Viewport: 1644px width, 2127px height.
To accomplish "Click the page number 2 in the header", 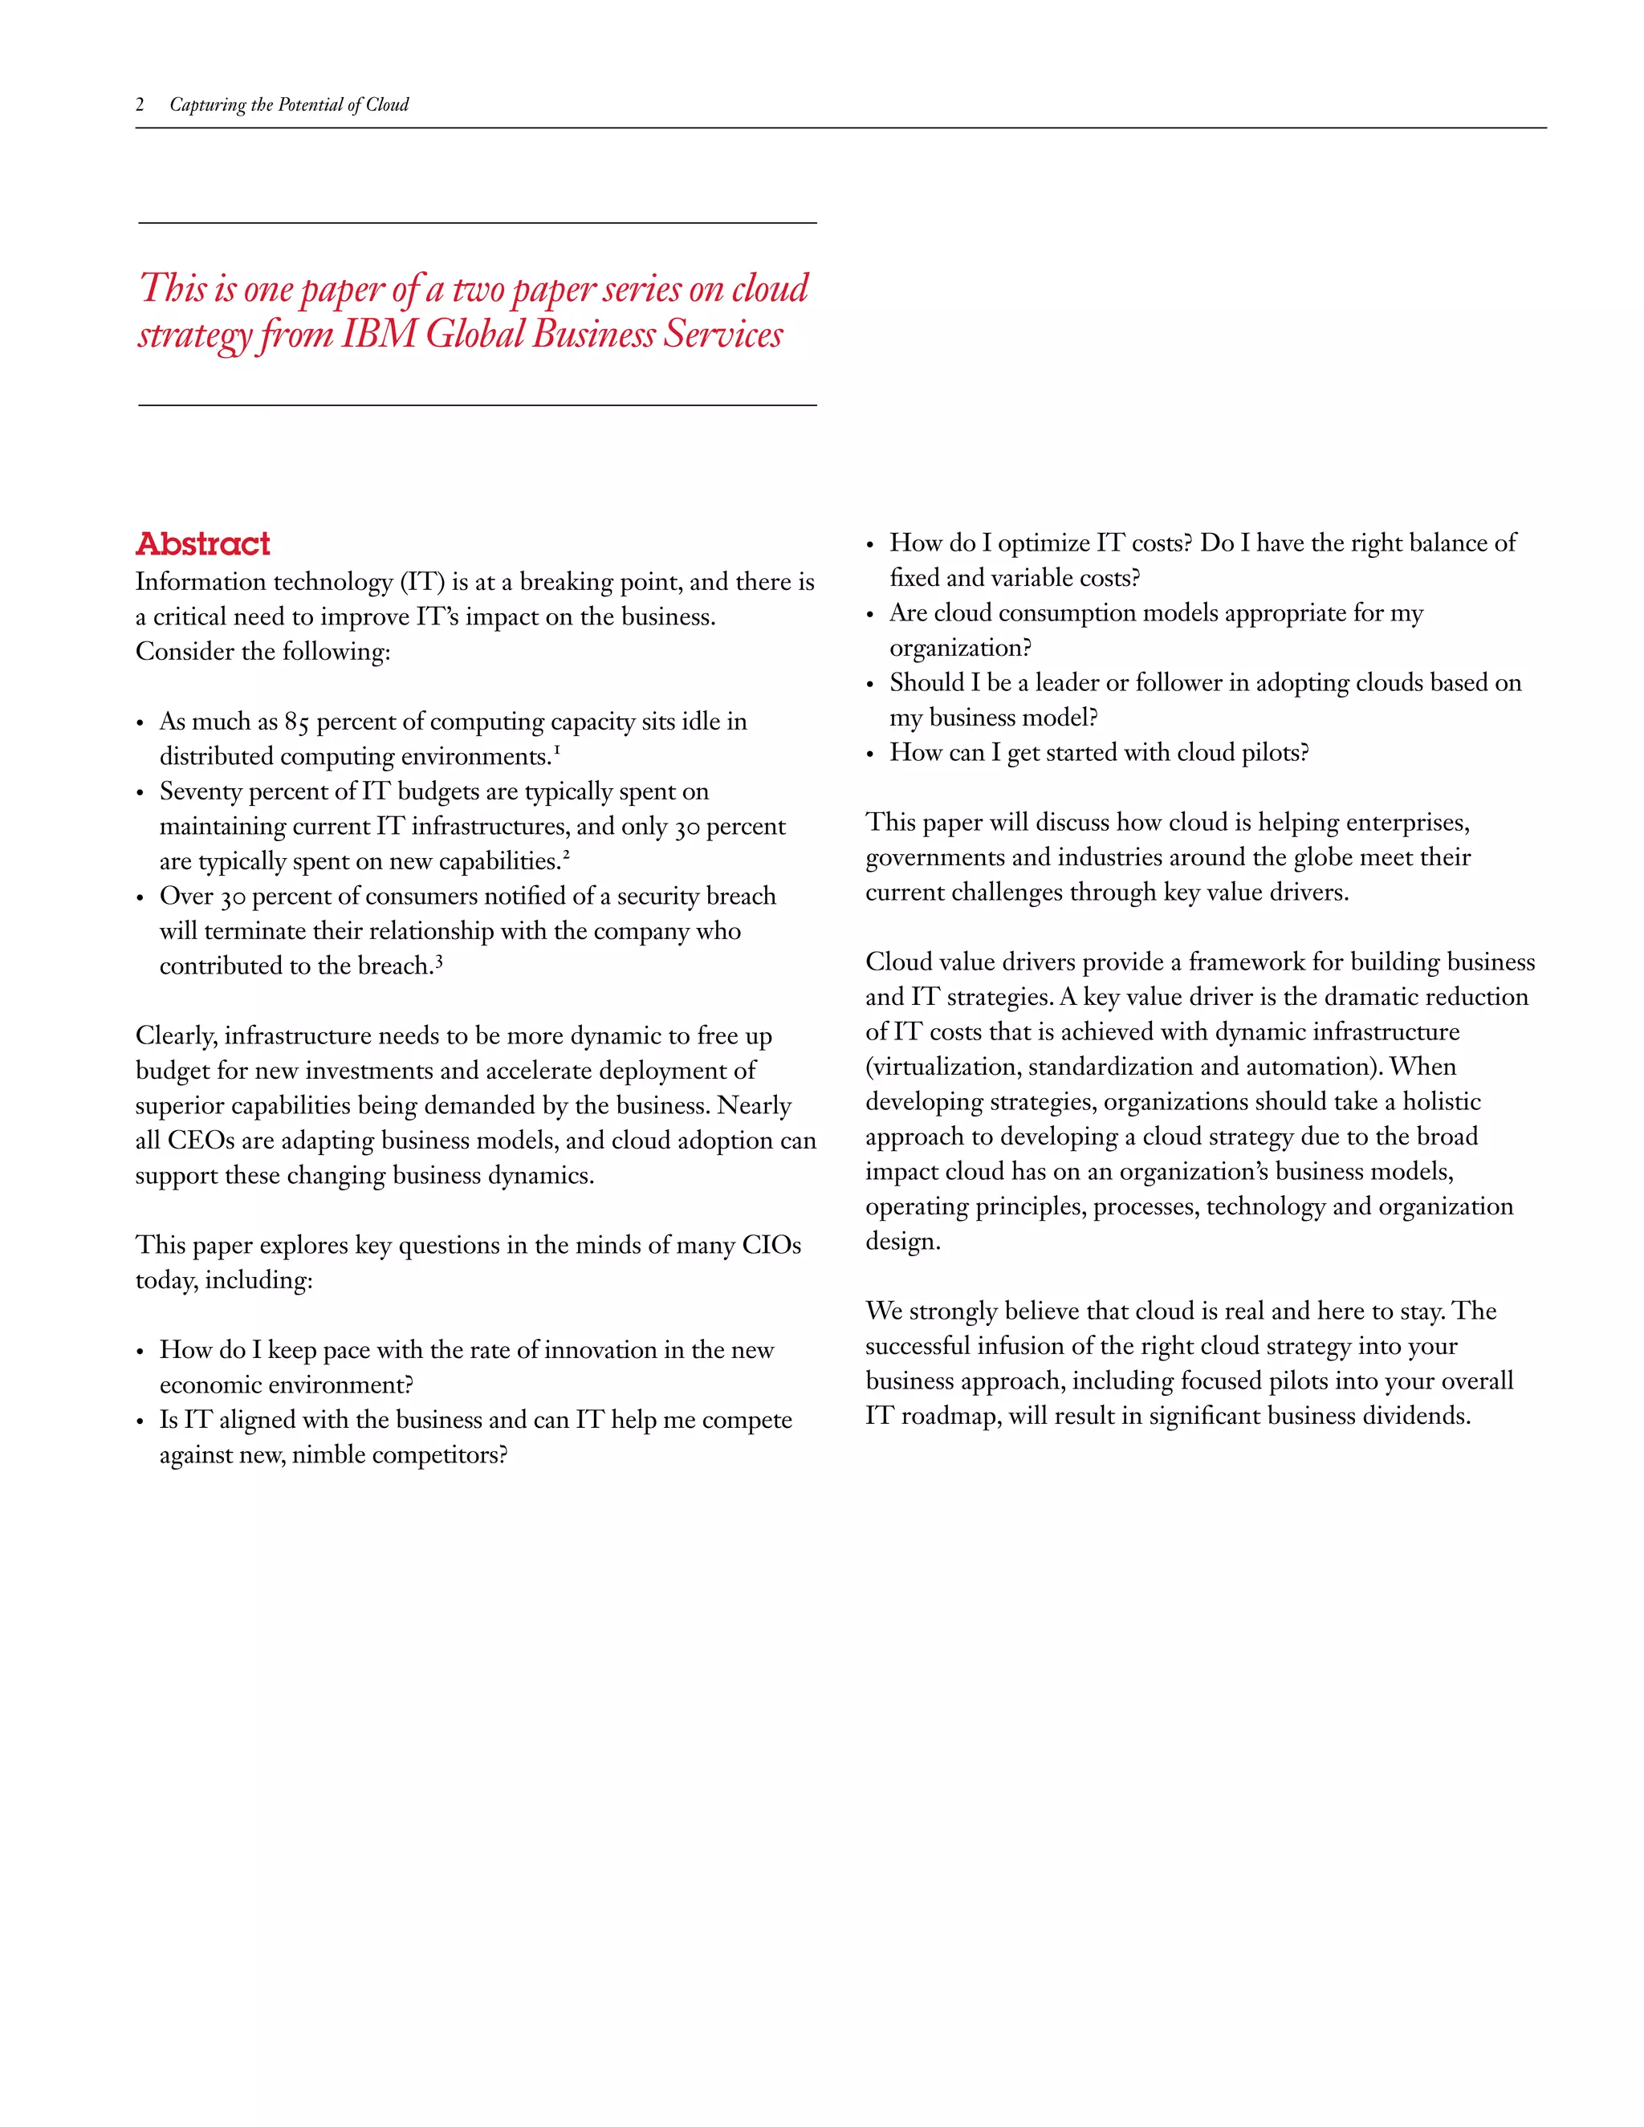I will (x=140, y=105).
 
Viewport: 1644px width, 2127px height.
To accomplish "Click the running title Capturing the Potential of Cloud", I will (x=288, y=105).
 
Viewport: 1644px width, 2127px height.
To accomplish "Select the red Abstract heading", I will (x=202, y=543).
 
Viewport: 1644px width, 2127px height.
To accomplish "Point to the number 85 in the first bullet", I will (x=296, y=722).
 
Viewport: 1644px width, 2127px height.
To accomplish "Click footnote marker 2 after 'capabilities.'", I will (x=566, y=854).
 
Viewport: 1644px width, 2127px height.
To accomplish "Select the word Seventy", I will (x=200, y=791).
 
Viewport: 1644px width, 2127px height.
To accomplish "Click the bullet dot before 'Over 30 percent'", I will (x=140, y=898).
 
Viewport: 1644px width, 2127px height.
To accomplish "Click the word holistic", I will (x=1442, y=1101).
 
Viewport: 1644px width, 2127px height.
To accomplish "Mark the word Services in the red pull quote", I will (x=723, y=334).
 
